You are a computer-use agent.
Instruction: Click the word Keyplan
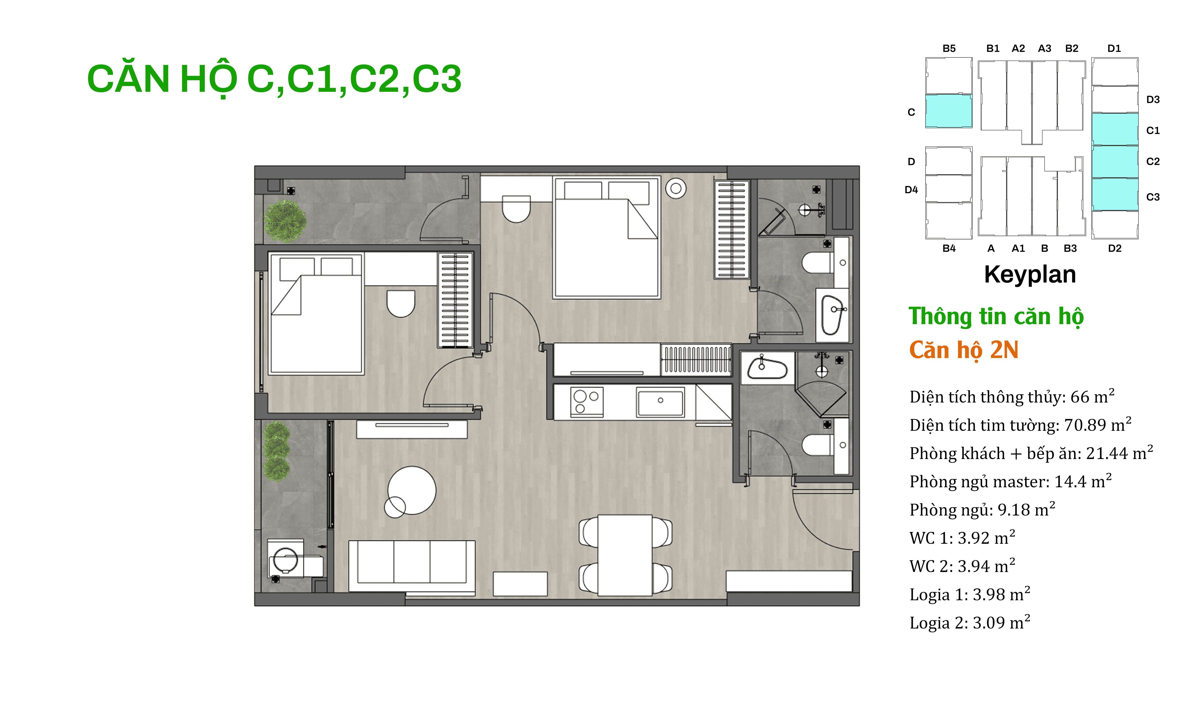1030,275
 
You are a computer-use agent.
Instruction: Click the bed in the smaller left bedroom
316,314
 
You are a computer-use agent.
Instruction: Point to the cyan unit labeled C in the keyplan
948,111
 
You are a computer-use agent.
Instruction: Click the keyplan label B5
949,48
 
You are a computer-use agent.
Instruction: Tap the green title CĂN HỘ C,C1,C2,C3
274,79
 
